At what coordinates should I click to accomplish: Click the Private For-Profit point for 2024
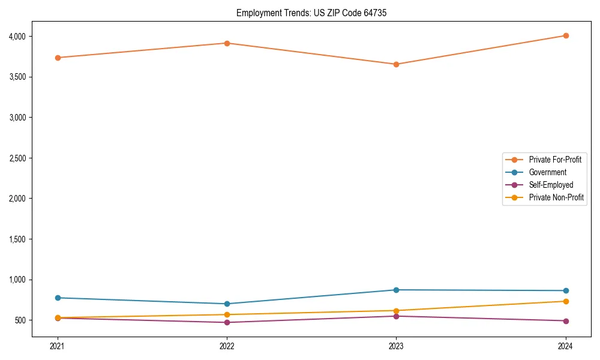(x=566, y=35)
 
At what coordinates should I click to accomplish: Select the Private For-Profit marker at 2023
(x=396, y=64)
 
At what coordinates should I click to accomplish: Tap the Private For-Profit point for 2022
(x=227, y=43)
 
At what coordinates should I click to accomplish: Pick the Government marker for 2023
(x=396, y=290)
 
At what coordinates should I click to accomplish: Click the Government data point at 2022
(x=227, y=304)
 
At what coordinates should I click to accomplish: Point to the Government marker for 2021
(x=58, y=298)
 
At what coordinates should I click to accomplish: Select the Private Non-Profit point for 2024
(x=566, y=301)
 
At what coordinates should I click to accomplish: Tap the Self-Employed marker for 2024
(x=566, y=321)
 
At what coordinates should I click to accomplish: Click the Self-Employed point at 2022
(x=227, y=322)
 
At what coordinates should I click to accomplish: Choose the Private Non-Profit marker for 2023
(x=396, y=311)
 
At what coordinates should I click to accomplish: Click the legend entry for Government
(x=547, y=172)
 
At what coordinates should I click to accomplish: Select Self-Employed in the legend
(x=551, y=185)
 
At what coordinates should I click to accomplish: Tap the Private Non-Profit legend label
(x=556, y=197)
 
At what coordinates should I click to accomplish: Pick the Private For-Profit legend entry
(x=555, y=160)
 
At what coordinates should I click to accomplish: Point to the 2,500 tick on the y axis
(x=18, y=158)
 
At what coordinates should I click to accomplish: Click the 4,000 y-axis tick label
(x=18, y=37)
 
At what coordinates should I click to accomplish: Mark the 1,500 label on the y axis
(x=18, y=239)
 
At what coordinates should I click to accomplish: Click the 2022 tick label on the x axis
(x=227, y=346)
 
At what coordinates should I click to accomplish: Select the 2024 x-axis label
(x=566, y=346)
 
